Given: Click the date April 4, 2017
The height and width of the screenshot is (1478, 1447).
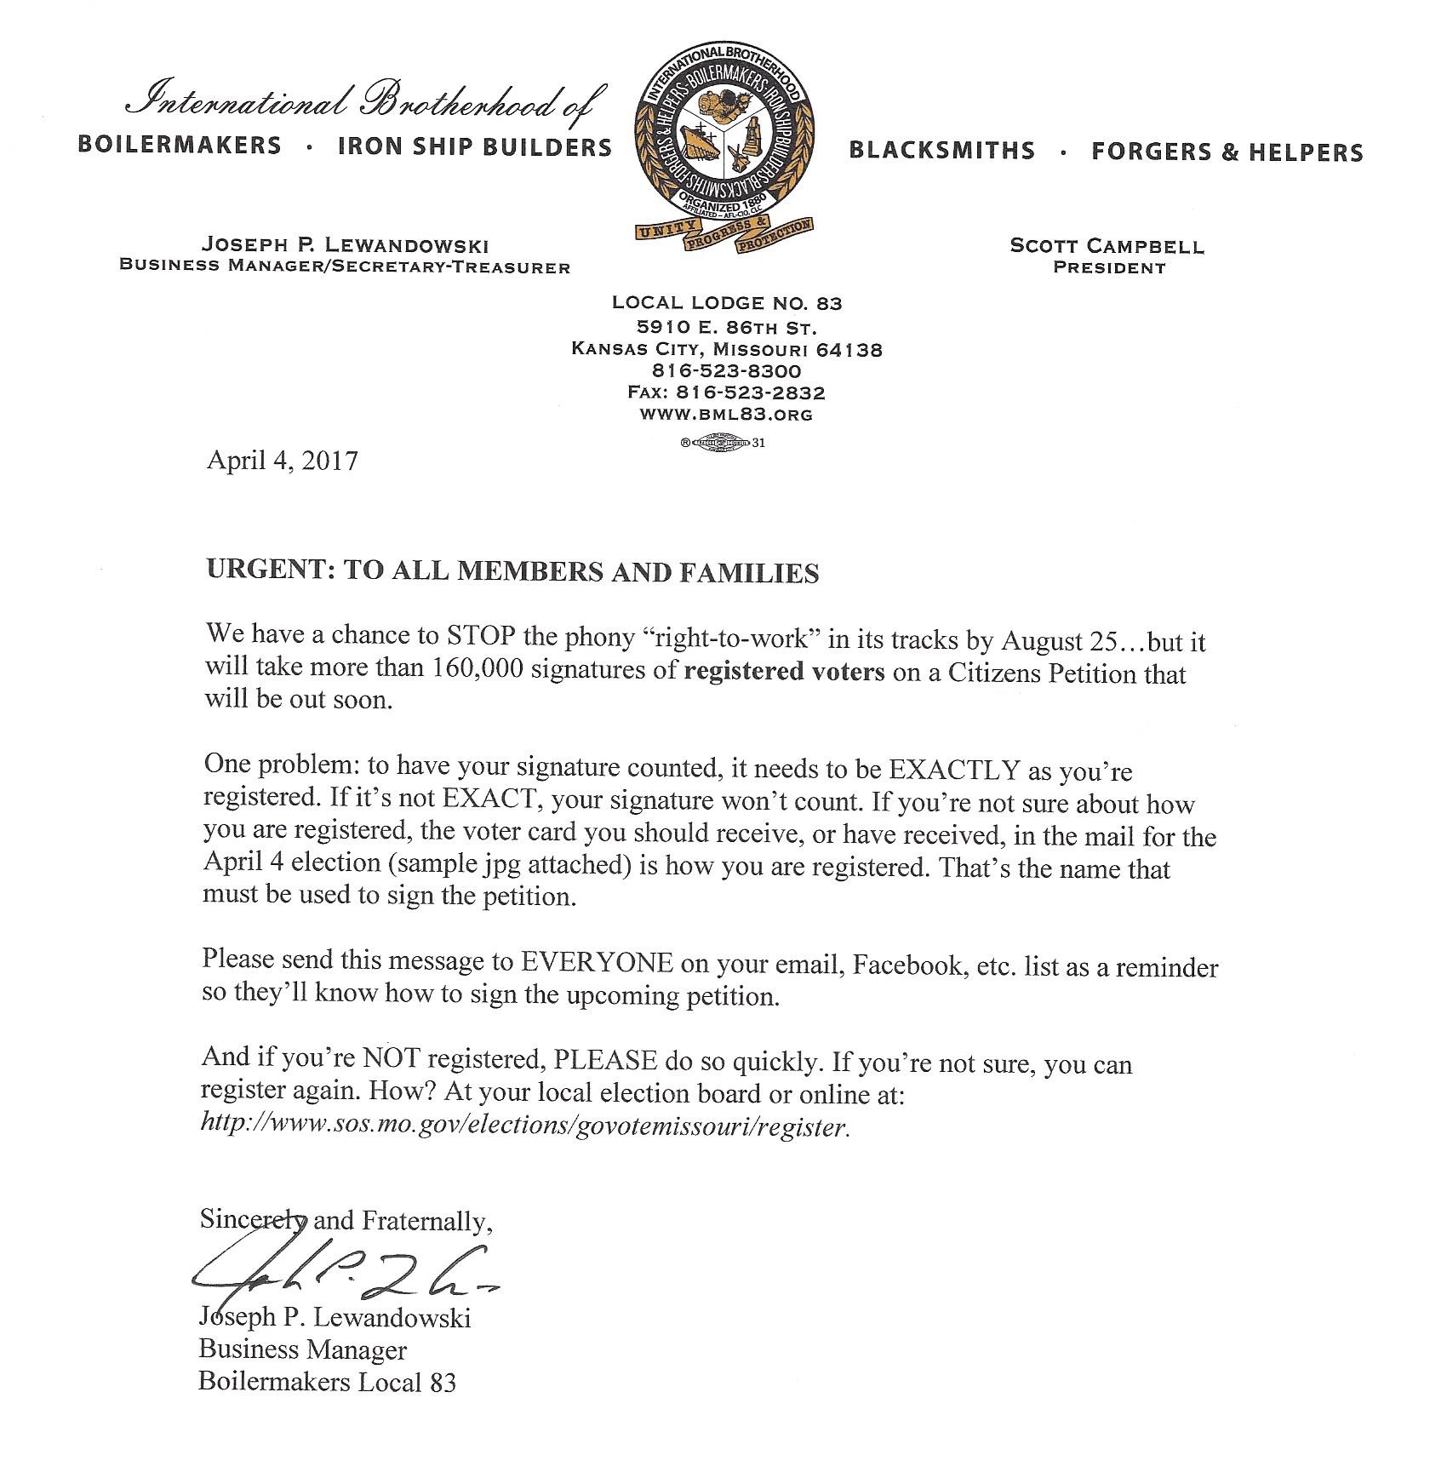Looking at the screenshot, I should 282,461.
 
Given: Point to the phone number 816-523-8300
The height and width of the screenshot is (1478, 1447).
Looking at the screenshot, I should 726,371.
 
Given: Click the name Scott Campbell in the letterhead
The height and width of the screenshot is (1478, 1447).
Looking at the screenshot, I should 1107,246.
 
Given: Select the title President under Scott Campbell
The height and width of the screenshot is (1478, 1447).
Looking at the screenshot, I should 1108,268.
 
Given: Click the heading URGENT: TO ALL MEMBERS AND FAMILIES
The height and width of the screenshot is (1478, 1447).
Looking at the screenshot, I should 512,572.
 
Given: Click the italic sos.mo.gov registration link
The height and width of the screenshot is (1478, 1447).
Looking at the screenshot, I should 524,1126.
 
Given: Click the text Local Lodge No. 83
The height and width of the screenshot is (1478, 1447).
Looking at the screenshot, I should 727,303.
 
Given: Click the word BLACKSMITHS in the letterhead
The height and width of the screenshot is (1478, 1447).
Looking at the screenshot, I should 942,152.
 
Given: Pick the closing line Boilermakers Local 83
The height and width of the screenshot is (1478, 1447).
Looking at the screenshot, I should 327,1381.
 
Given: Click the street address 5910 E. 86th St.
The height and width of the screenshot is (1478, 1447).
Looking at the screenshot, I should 726,327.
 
